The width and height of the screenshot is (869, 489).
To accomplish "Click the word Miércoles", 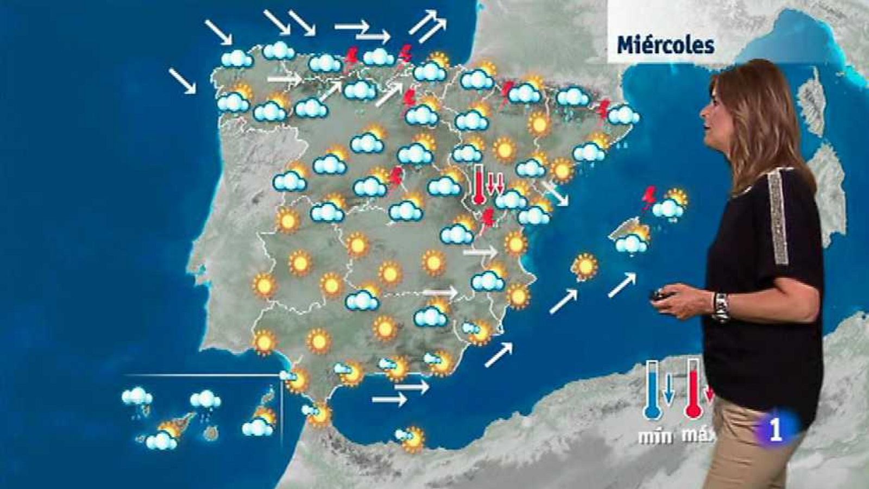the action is point(665,45).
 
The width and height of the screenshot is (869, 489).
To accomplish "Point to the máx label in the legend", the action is point(697,436).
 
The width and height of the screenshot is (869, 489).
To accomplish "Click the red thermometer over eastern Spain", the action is point(479,185).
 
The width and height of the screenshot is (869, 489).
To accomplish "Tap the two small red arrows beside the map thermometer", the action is point(495,183).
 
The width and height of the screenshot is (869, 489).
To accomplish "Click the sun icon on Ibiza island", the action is point(585,266).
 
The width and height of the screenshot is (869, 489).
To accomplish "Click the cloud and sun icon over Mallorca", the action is point(633,240).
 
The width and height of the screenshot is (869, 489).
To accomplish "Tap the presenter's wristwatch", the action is point(721,307).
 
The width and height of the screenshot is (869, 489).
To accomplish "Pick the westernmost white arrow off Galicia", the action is point(182,80).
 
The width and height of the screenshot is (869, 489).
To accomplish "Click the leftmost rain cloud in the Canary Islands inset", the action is point(136,398).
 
